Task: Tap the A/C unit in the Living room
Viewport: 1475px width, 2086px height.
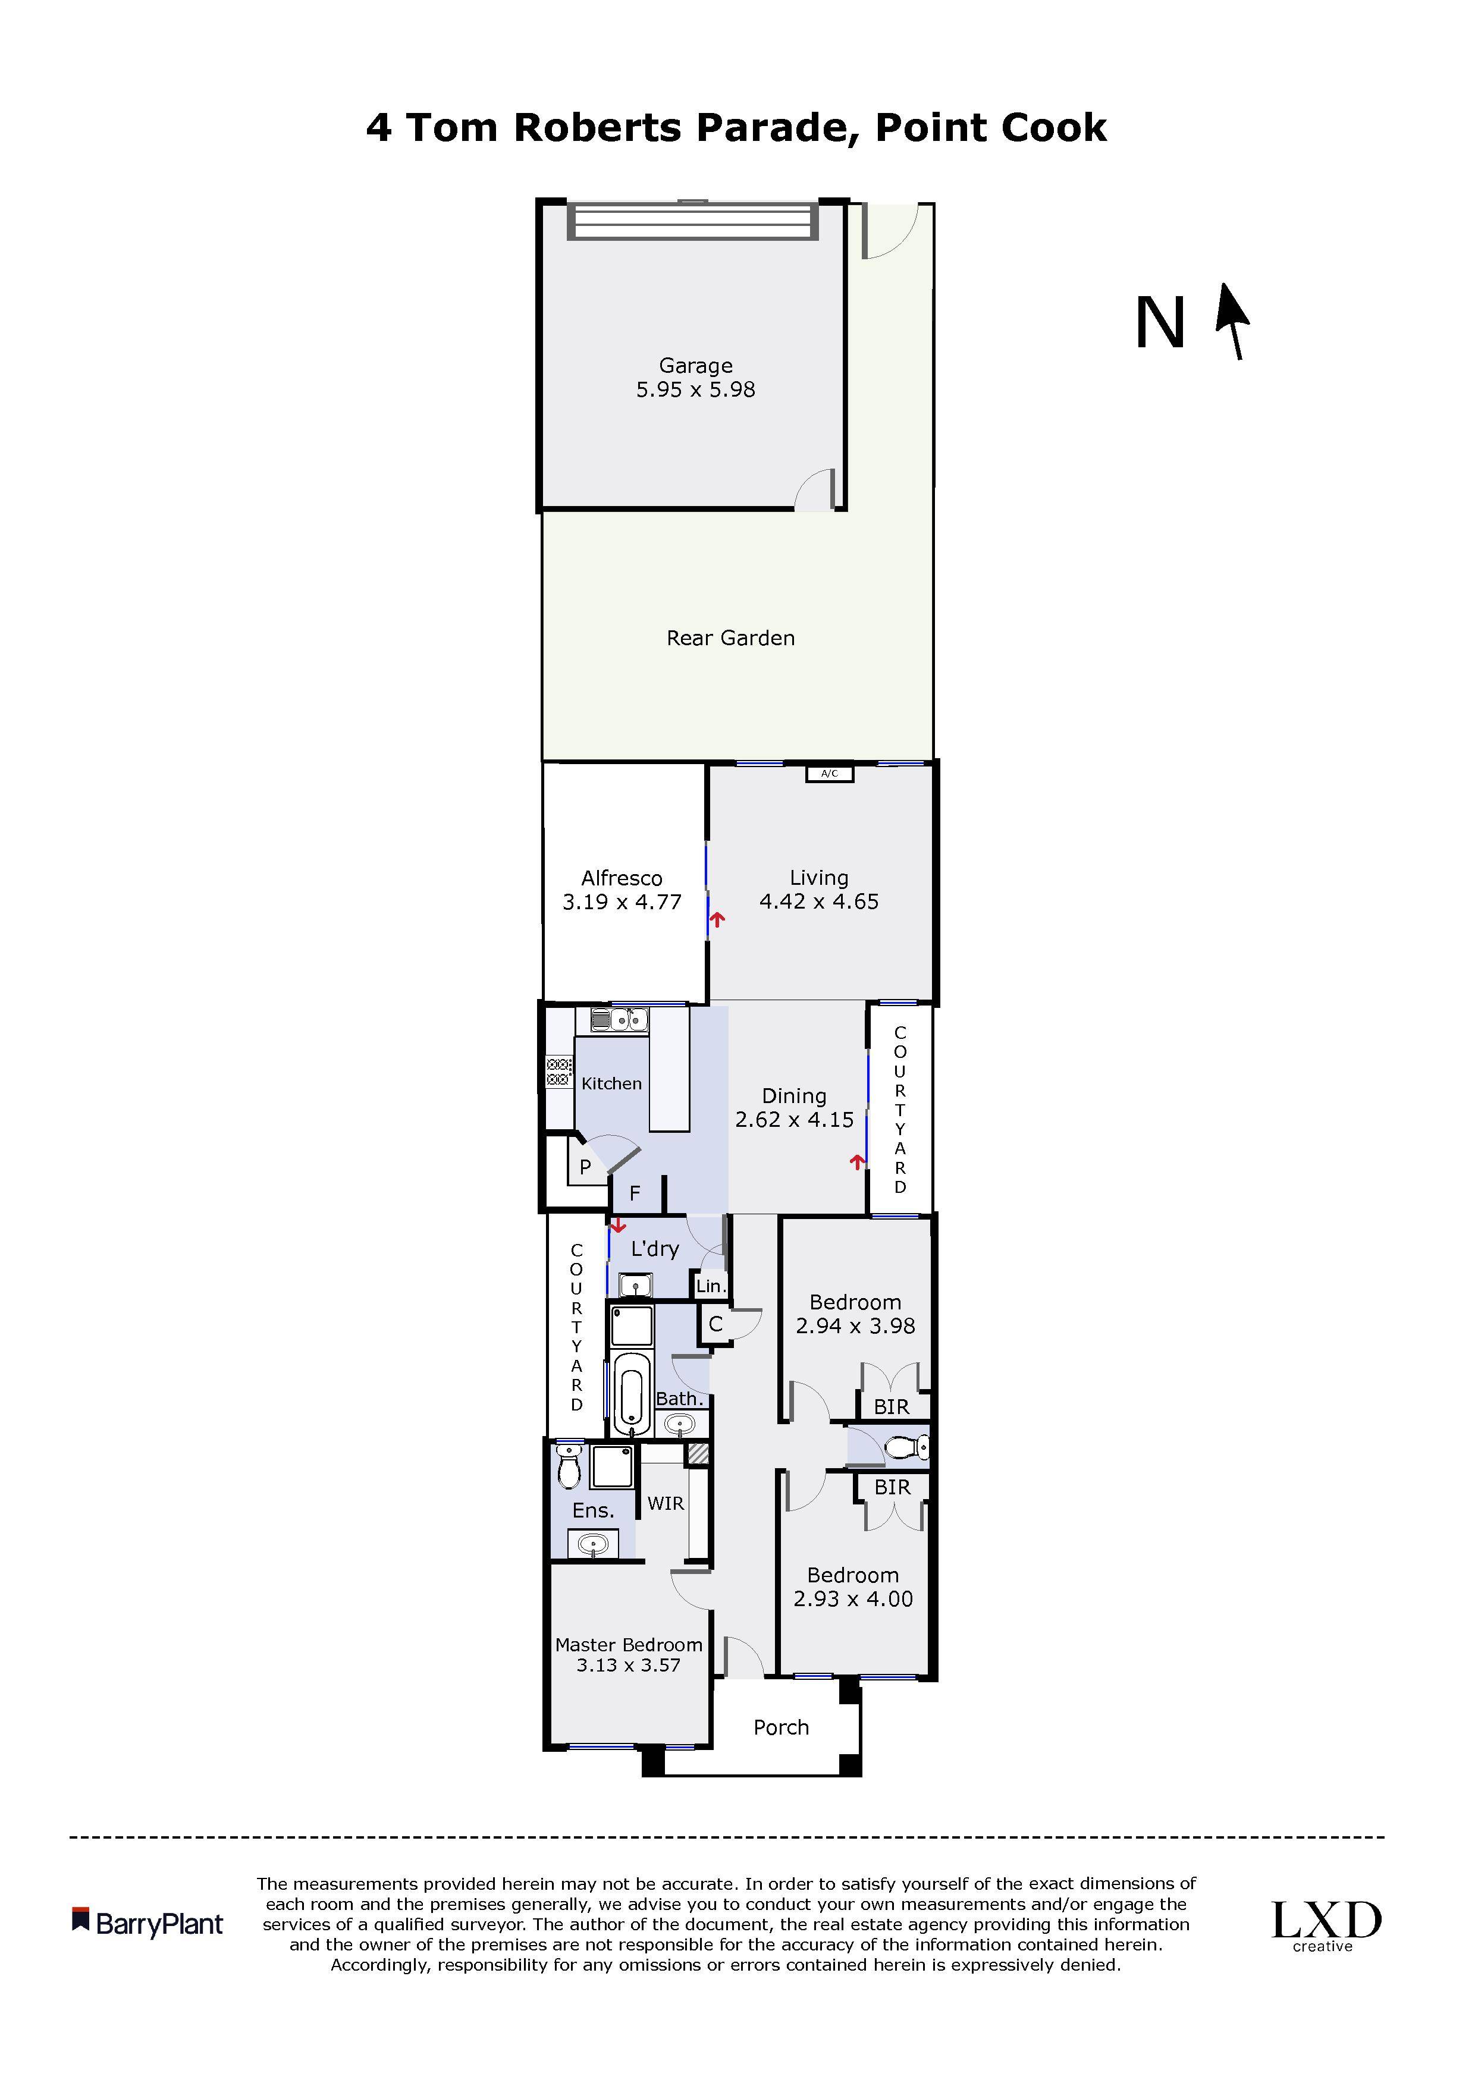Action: tap(830, 774)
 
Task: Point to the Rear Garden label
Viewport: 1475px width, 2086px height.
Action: tap(731, 638)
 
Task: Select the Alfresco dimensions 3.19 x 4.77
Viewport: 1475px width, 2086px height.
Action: tap(622, 902)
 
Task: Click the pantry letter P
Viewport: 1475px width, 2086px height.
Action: tap(585, 1167)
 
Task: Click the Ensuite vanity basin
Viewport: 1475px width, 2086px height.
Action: tap(592, 1544)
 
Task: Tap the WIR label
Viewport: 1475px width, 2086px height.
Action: tap(666, 1504)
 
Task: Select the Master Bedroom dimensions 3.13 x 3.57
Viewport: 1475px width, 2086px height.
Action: tap(628, 1666)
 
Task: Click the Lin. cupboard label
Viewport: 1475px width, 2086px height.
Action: tap(711, 1286)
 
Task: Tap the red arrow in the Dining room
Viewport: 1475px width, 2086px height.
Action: tap(856, 1161)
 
